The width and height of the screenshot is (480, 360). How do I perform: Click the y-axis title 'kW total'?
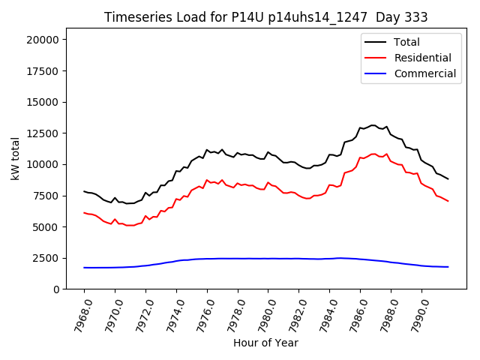click(x=16, y=158)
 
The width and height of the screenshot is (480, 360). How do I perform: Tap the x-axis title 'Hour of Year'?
click(x=265, y=343)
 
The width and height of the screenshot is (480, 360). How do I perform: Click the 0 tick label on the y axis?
click(x=63, y=289)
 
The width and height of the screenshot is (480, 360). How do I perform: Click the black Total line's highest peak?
click(x=373, y=125)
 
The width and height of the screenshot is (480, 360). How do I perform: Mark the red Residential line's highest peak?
click(x=373, y=154)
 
